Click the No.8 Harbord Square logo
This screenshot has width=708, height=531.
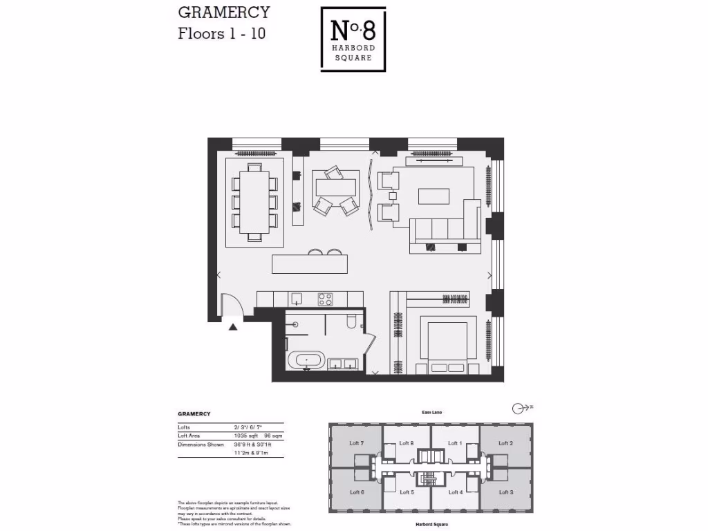pyautogui.click(x=353, y=39)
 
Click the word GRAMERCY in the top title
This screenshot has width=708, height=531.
pyautogui.click(x=223, y=12)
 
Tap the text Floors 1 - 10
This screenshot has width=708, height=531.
pyautogui.click(x=221, y=33)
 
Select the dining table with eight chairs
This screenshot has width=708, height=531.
pyautogui.click(x=254, y=202)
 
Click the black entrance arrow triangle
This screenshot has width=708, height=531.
pyautogui.click(x=233, y=327)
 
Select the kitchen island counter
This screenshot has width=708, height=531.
pyautogui.click(x=309, y=263)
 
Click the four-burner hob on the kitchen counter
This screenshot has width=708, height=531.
pyautogui.click(x=325, y=299)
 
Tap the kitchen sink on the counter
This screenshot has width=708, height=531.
pyautogui.click(x=296, y=298)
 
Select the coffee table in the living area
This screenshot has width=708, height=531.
pyautogui.click(x=434, y=196)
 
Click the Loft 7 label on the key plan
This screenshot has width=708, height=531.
pyautogui.click(x=356, y=443)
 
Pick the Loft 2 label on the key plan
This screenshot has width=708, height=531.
pyautogui.click(x=505, y=443)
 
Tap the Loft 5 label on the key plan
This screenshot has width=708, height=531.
pyautogui.click(x=407, y=492)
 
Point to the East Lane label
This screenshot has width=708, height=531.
pyautogui.click(x=431, y=412)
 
